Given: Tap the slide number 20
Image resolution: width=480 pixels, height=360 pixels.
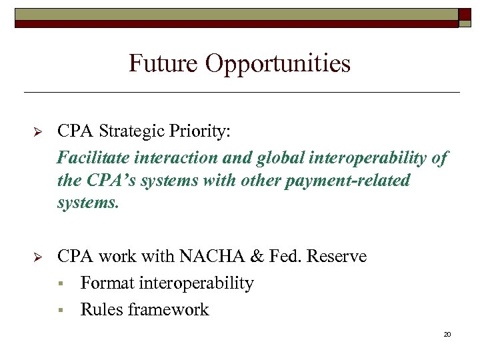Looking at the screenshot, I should click(x=447, y=334).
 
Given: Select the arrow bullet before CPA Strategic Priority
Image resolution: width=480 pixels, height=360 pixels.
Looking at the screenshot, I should click(x=38, y=132).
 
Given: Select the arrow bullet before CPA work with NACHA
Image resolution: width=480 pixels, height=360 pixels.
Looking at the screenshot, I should click(x=38, y=257).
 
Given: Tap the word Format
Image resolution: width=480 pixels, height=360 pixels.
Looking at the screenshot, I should click(x=107, y=283).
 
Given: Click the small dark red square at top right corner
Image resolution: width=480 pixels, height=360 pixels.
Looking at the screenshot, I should click(x=464, y=15).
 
